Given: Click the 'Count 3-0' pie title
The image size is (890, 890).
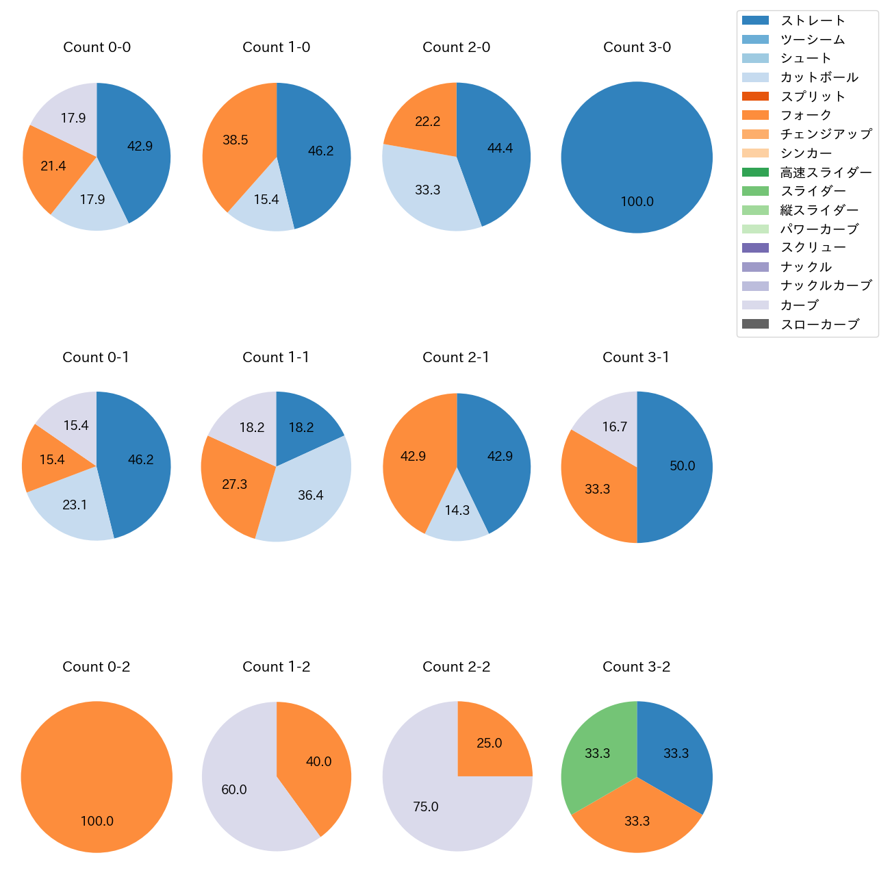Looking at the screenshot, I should point(637,47).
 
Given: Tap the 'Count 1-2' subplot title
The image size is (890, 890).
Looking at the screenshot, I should point(276,667).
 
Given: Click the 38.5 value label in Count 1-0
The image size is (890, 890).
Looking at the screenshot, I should point(236,140).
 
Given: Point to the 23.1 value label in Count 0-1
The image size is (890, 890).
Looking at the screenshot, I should point(75,505).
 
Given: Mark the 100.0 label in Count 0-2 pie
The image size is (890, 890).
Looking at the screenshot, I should point(97,822).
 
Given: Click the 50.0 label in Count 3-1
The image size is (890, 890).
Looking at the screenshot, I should point(683,466).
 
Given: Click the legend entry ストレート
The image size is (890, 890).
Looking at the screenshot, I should point(813,21).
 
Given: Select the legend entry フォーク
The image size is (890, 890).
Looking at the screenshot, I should point(806,115).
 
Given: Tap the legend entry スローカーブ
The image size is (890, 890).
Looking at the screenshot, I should point(819,325).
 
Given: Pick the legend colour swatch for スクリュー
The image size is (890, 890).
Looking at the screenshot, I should point(755,248).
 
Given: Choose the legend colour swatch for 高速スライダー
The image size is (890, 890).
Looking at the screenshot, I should point(755,172).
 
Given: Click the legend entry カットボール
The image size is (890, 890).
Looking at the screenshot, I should point(819,77).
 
